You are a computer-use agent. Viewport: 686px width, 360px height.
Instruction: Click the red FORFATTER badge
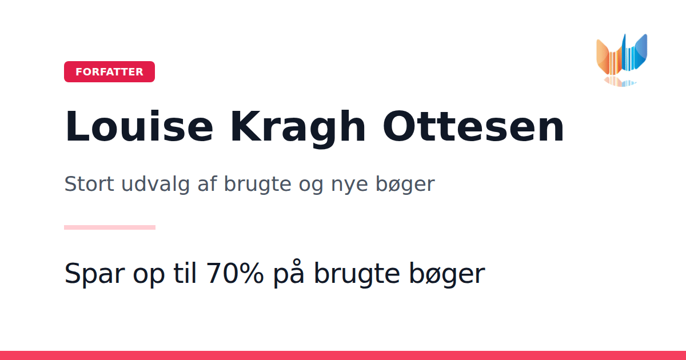click(x=109, y=71)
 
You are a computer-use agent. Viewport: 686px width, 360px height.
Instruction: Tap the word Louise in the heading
click(x=139, y=126)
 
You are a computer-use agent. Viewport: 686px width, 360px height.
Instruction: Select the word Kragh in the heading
click(x=298, y=129)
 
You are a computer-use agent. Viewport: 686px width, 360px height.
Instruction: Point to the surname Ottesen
click(x=473, y=127)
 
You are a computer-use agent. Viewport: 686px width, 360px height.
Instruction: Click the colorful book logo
click(x=622, y=59)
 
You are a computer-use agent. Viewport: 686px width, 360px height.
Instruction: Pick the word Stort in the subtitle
click(x=89, y=183)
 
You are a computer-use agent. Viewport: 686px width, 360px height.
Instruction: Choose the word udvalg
click(x=155, y=185)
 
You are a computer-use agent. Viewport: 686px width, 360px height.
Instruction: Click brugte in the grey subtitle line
click(x=258, y=185)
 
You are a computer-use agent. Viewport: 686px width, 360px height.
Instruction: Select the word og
click(x=311, y=186)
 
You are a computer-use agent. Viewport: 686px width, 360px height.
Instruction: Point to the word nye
click(x=349, y=186)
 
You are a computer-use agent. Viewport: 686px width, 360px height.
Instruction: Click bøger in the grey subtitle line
click(x=405, y=185)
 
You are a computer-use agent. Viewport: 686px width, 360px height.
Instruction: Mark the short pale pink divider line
click(x=110, y=227)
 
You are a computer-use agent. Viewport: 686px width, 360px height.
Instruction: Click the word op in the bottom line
click(x=149, y=276)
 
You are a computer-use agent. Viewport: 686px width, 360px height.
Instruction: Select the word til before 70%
click(x=185, y=273)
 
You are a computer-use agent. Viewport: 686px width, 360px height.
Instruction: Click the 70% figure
click(x=234, y=273)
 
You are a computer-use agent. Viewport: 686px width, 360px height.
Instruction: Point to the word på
click(x=289, y=274)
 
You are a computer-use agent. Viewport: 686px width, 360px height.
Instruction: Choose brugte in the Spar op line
click(x=357, y=274)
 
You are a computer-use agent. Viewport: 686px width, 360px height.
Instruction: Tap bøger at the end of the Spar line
click(x=447, y=274)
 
